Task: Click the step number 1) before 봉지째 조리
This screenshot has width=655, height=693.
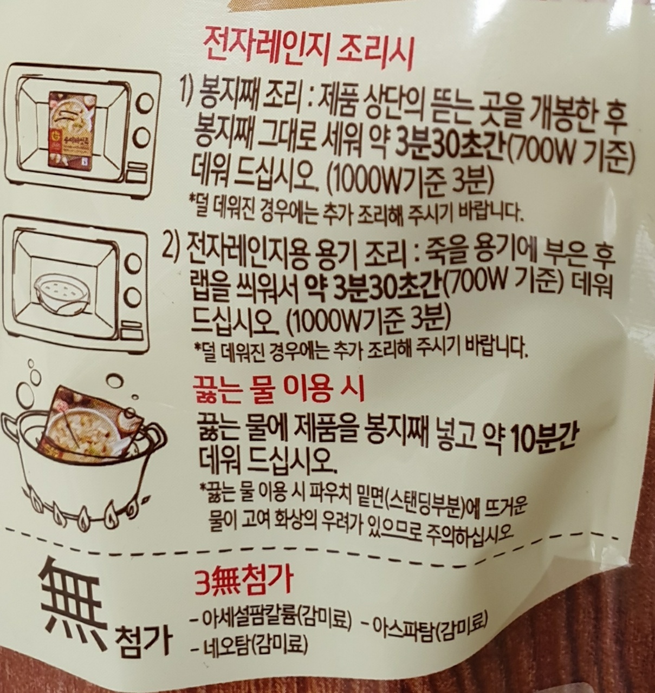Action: point(188,91)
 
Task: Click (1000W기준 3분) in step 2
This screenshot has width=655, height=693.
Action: point(366,320)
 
